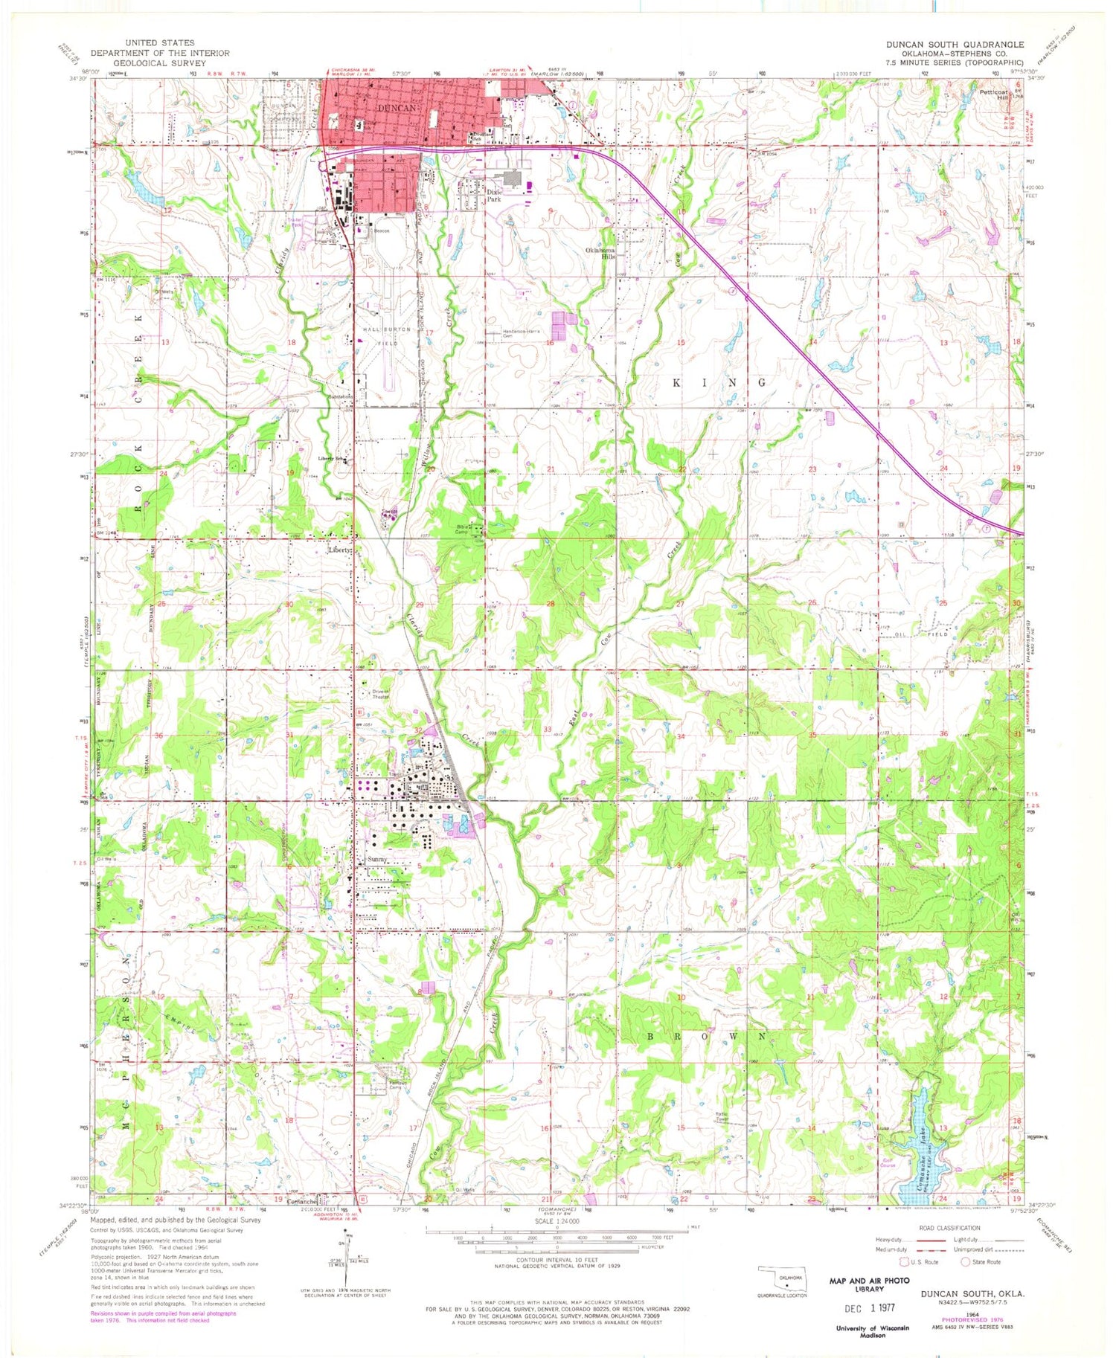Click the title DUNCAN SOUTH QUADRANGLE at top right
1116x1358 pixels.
tap(955, 45)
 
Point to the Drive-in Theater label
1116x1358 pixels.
tap(380, 695)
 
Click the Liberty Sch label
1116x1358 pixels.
tap(332, 458)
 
